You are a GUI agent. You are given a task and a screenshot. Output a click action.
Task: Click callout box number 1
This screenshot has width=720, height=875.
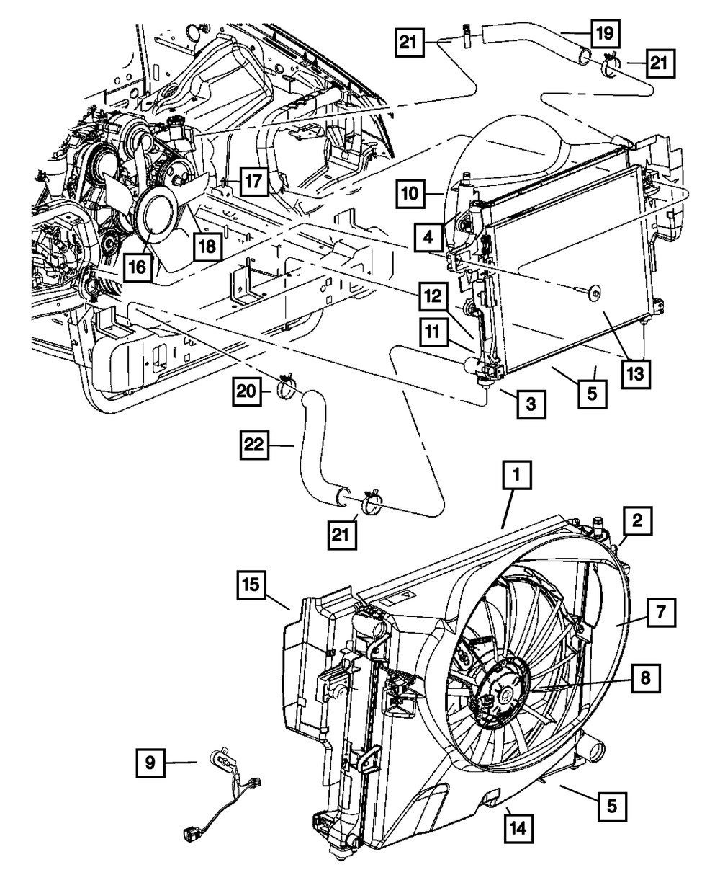coord(518,476)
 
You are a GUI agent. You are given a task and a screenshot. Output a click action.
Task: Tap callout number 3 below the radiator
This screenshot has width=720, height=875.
coord(530,404)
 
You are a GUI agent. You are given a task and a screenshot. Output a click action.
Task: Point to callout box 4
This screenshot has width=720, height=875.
coord(428,236)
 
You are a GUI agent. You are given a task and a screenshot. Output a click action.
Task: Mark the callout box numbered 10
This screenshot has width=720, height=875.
coord(410,194)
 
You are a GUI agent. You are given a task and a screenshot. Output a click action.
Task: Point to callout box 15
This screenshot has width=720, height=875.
coord(253,587)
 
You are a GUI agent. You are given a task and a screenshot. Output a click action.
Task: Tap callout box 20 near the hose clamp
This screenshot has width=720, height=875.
coord(247,391)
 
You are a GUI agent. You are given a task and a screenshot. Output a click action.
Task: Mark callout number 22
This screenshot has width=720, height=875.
coord(254,448)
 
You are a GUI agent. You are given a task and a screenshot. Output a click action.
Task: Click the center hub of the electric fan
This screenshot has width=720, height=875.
coord(503,693)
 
